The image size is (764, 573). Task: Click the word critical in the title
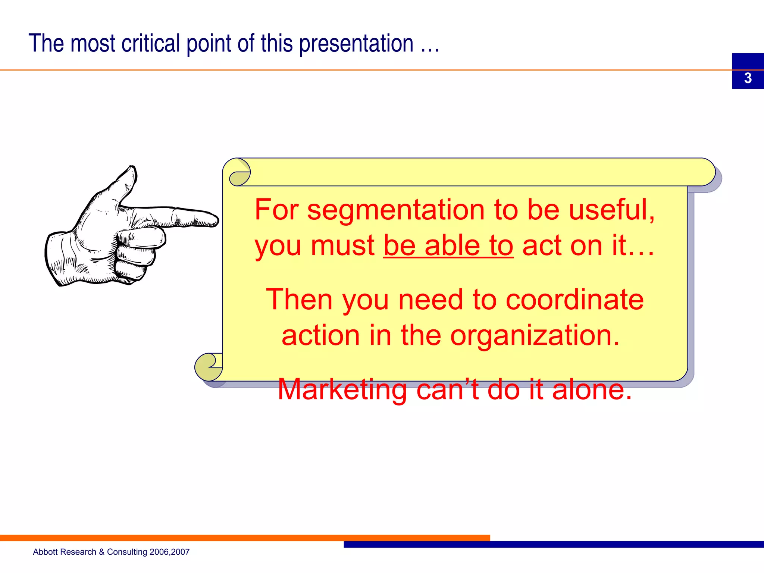point(151,43)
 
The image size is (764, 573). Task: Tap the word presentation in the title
point(356,44)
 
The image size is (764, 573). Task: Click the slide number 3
point(748,78)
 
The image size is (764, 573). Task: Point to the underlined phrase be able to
point(448,246)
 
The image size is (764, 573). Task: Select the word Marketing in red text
point(342,389)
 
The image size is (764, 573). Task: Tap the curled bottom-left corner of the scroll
point(207,367)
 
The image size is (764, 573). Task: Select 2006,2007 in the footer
point(169,552)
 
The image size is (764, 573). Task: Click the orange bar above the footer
point(242,538)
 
